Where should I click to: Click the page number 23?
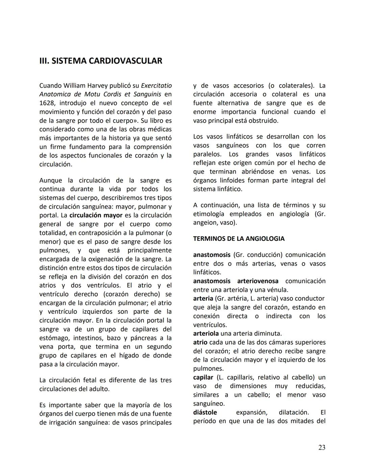pyautogui.click(x=322, y=448)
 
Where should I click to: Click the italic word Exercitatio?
pyautogui.click(x=156, y=85)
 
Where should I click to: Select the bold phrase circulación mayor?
pyautogui.click(x=96, y=215)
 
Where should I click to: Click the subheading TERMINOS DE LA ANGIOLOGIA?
pyautogui.click(x=239, y=239)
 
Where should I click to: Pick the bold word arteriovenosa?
pyautogui.click(x=258, y=281)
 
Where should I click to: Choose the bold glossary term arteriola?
pyautogui.click(x=206, y=334)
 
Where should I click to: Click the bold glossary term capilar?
pyautogui.click(x=203, y=377)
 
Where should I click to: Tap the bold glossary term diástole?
pyautogui.click(x=205, y=412)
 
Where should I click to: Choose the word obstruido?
pyautogui.click(x=264, y=121)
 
